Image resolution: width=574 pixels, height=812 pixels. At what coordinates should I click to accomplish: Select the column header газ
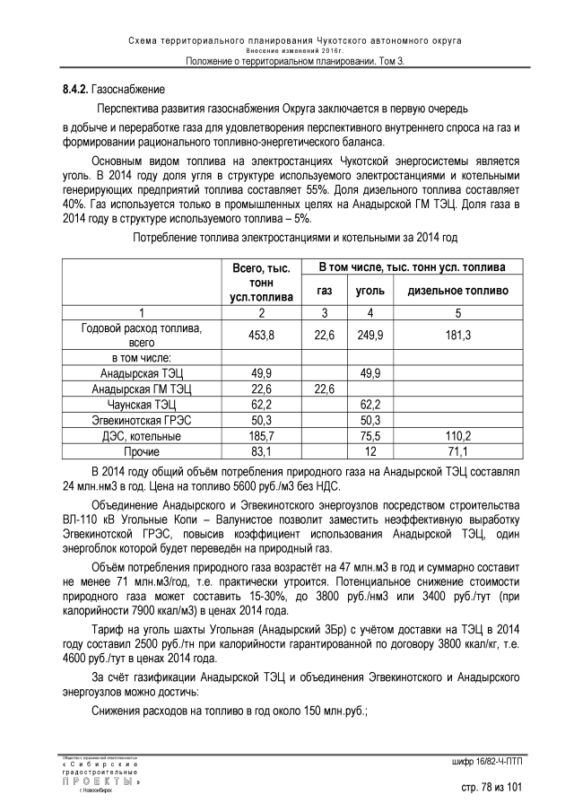click(x=325, y=291)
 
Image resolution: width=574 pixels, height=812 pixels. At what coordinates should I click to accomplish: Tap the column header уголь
click(x=370, y=291)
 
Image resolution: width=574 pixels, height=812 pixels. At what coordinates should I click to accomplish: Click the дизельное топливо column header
click(x=457, y=291)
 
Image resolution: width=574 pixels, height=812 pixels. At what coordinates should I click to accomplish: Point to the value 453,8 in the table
click(x=261, y=335)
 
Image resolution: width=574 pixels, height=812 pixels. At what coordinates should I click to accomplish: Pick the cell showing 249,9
click(x=370, y=335)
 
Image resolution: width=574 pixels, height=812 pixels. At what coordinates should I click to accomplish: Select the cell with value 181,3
click(x=457, y=335)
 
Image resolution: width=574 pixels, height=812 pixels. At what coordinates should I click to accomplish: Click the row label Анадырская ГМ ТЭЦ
click(x=141, y=389)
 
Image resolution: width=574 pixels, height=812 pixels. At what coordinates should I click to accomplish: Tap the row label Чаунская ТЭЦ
click(x=141, y=405)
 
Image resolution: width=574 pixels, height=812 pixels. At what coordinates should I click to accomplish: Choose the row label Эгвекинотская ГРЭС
click(x=141, y=420)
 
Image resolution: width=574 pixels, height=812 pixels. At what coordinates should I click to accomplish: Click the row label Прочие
click(x=141, y=451)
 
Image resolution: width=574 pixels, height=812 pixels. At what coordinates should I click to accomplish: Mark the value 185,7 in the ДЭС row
click(x=261, y=436)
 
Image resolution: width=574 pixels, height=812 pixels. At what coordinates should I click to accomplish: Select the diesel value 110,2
click(x=457, y=436)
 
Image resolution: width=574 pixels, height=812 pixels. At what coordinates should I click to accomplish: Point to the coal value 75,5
click(x=370, y=436)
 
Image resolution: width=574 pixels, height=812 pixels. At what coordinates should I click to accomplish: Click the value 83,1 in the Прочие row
click(x=261, y=451)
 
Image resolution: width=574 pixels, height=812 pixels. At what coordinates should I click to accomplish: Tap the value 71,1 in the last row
click(x=457, y=451)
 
